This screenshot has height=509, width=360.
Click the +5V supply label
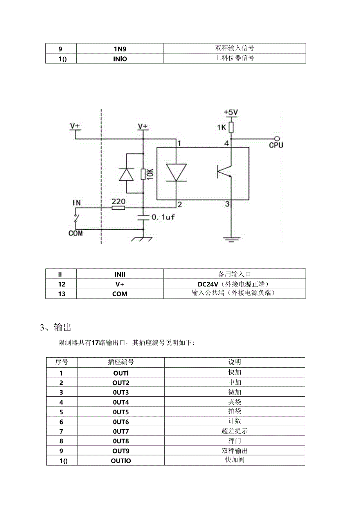[x=230, y=112]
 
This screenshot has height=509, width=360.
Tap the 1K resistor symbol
[x=231, y=127]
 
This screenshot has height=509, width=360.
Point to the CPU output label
[x=276, y=145]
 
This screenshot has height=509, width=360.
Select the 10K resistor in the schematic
[x=143, y=174]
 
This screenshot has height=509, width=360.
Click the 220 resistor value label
[x=118, y=201]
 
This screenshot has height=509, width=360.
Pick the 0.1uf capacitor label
[x=162, y=217]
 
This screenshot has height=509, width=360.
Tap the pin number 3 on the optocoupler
[x=227, y=204]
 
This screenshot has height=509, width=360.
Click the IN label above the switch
[x=77, y=202]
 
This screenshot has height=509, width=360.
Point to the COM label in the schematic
[x=76, y=234]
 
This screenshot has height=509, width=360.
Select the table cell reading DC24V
[x=234, y=284]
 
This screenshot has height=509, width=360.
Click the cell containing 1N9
[x=120, y=49]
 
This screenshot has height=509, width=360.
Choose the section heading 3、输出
[x=56, y=327]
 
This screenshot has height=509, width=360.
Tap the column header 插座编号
[x=121, y=362]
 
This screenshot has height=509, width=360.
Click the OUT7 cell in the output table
[x=121, y=431]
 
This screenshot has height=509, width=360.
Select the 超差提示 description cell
[x=234, y=431]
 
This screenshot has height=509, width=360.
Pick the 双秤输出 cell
[x=234, y=451]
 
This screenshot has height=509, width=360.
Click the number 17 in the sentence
[x=94, y=343]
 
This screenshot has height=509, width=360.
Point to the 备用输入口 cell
[x=234, y=274]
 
